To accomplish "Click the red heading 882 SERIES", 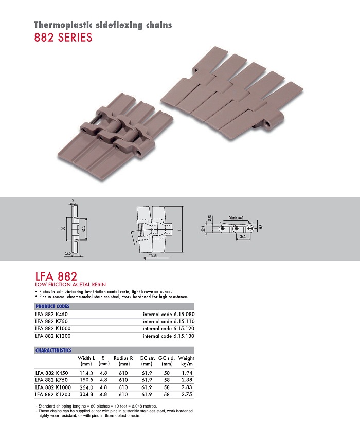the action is (63, 38).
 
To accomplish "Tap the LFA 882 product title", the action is (56, 276).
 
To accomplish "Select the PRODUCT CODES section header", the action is (52, 306).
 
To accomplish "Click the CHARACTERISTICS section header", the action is (53, 350).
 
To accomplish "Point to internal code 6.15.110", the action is (169, 322).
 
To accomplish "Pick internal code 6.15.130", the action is (169, 336).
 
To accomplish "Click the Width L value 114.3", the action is (86, 373).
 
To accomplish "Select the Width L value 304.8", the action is (86, 394).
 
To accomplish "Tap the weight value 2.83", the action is (187, 387).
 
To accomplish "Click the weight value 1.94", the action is (187, 373).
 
